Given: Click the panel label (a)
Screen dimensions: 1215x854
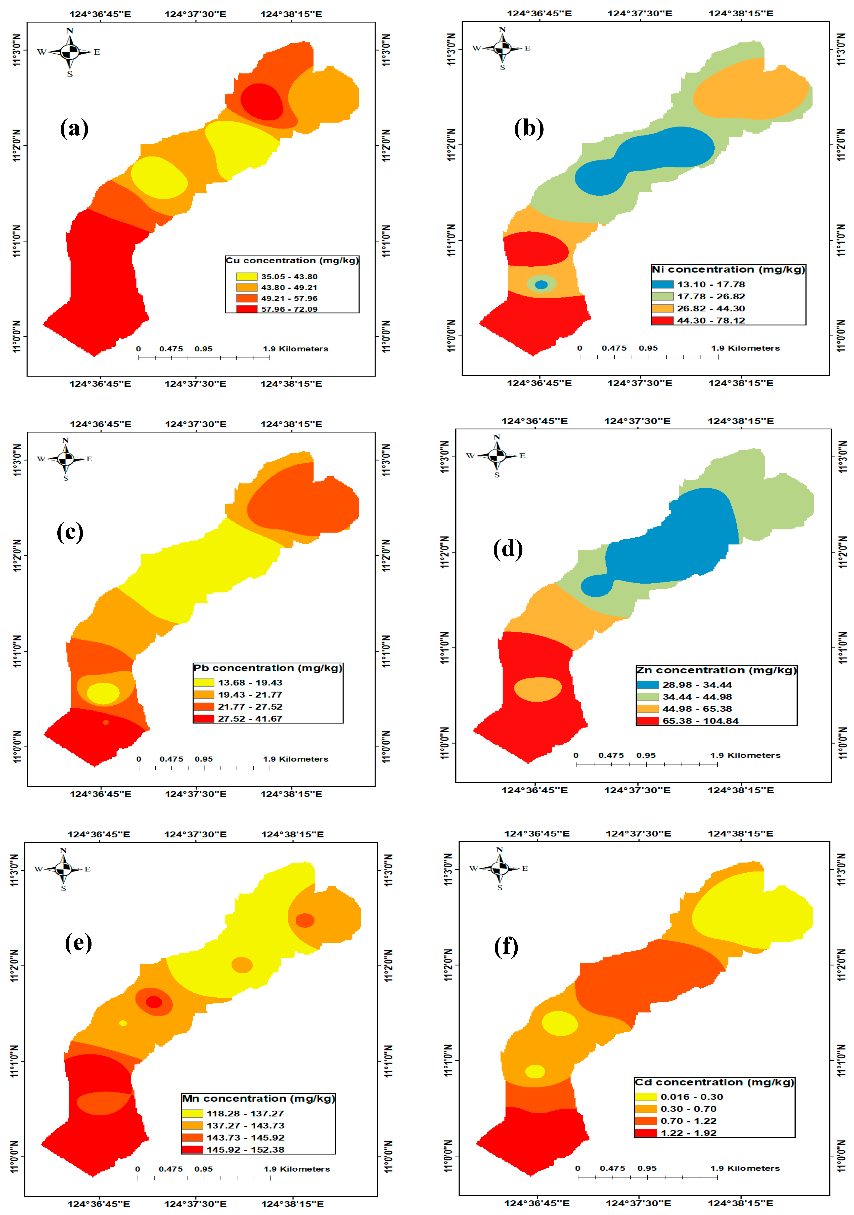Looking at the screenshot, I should pos(74,129).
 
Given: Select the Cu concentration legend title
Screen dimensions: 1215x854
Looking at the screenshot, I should pos(292,260).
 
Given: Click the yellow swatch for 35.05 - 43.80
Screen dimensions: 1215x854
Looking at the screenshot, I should pos(246,276).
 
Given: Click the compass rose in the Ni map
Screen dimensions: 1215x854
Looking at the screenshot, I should pos(502,48).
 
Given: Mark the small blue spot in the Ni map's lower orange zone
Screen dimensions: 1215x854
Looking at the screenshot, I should pos(541,285).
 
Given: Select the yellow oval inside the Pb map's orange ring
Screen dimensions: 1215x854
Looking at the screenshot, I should pos(103,693).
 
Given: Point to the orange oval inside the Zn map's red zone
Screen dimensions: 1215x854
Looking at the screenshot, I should pos(538,689).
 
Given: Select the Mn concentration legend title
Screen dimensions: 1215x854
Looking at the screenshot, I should pos(259,1099).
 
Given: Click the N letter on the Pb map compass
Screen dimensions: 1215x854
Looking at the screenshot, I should pos(66,440).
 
